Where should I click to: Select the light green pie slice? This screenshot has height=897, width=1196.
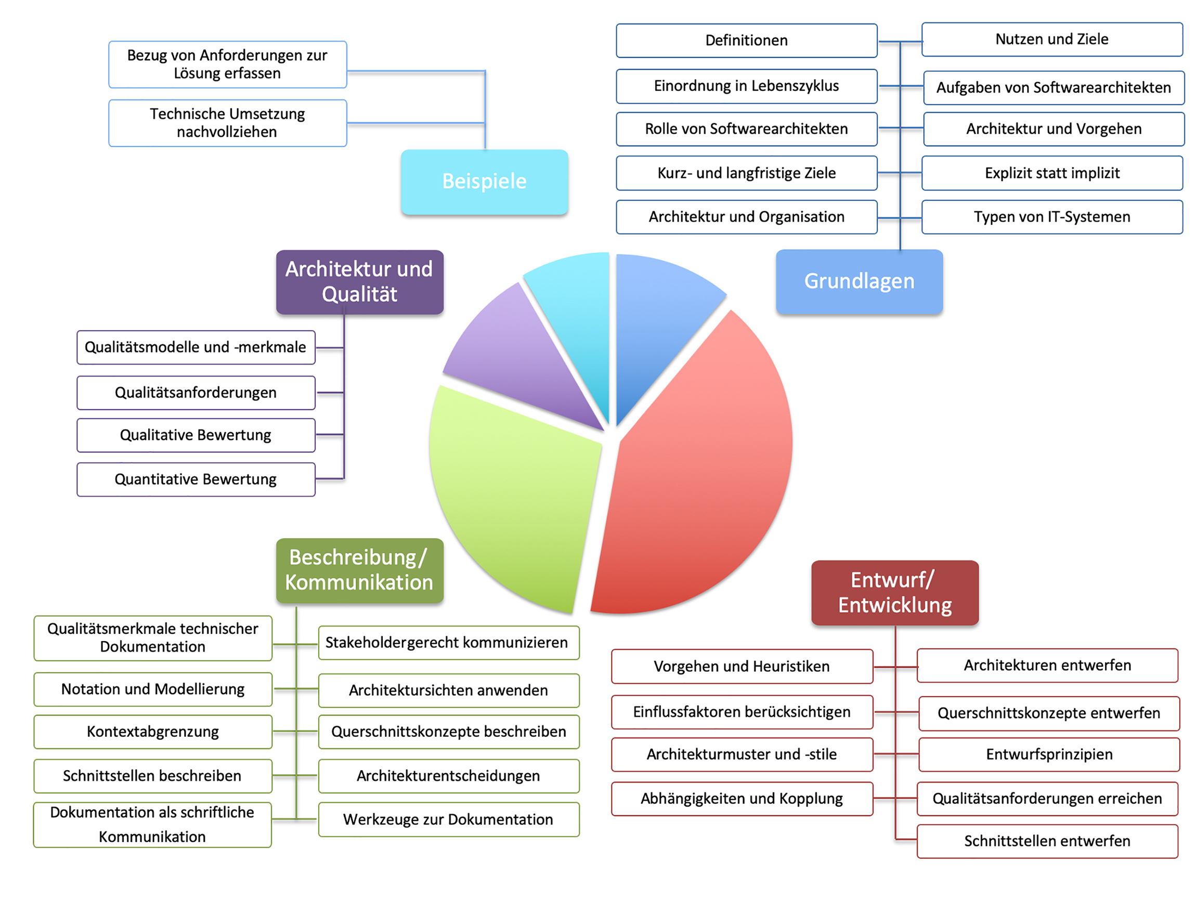(514, 487)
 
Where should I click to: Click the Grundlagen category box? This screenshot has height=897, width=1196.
(859, 282)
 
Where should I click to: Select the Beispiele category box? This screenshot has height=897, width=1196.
(485, 181)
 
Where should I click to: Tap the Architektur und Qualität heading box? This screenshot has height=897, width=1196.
(359, 282)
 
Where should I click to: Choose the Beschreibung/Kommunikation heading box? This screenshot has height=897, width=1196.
(359, 570)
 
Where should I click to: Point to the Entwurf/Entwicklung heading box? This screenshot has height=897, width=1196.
(895, 593)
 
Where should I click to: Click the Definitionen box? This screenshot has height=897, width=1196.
(746, 41)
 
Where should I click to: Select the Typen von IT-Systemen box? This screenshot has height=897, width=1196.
(1051, 217)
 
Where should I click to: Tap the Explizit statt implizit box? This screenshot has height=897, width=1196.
(1051, 173)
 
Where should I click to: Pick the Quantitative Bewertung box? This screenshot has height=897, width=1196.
(196, 479)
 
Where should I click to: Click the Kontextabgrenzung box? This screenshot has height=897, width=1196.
(153, 732)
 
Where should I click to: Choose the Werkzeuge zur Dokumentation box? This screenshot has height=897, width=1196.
(449, 820)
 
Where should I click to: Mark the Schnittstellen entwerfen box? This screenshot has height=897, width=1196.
(1047, 841)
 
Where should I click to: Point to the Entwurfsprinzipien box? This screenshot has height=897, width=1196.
(1049, 754)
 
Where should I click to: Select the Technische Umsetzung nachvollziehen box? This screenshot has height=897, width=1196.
(227, 123)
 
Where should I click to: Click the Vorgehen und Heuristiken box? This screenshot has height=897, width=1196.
(742, 666)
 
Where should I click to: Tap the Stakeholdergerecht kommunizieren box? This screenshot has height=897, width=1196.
(449, 642)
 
